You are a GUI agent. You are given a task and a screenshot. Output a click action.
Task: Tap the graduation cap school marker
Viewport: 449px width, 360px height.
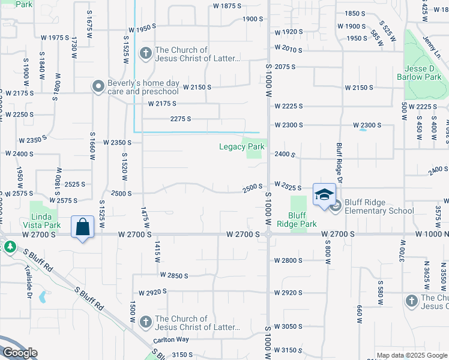(324, 194)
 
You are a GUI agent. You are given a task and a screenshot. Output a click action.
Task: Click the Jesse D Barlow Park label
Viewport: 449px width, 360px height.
(419, 72)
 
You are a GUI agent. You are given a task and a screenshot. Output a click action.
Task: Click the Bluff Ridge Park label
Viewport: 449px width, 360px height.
(302, 219)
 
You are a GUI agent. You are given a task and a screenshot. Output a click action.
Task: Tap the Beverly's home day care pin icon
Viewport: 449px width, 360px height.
(98, 87)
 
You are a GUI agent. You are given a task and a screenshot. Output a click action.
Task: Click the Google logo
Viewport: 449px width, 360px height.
(20, 352)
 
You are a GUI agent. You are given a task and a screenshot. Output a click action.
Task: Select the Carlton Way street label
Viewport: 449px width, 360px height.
(171, 340)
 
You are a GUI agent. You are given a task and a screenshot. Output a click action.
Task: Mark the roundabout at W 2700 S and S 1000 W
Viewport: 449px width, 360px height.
(267, 235)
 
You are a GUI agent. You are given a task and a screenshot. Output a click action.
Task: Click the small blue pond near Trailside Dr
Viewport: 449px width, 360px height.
(42, 296)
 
